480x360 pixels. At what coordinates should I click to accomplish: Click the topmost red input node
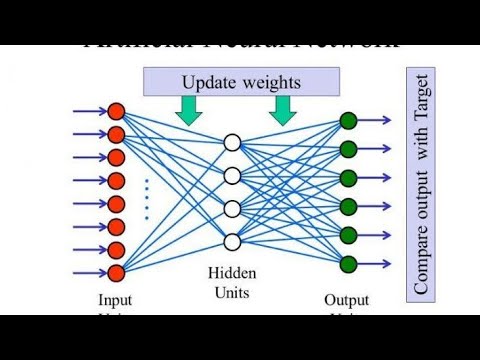click(x=116, y=111)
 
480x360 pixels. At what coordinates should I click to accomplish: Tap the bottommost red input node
click(x=116, y=272)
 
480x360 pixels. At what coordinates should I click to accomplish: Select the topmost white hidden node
click(x=232, y=142)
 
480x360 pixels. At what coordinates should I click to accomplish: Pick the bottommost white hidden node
click(x=232, y=241)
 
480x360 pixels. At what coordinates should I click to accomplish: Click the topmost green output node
click(x=348, y=121)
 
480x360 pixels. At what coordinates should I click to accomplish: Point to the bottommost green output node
click(x=348, y=264)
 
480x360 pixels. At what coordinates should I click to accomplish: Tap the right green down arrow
click(x=283, y=110)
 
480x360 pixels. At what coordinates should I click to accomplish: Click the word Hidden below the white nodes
click(x=232, y=273)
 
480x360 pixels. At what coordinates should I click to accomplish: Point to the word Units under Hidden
click(x=232, y=292)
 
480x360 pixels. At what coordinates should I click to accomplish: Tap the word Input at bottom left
click(x=115, y=299)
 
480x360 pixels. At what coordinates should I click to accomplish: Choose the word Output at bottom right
click(x=348, y=299)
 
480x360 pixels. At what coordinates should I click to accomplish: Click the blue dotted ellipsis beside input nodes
click(x=146, y=198)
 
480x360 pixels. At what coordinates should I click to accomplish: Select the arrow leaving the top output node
click(x=374, y=121)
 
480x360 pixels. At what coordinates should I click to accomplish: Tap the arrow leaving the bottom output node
click(x=374, y=264)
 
